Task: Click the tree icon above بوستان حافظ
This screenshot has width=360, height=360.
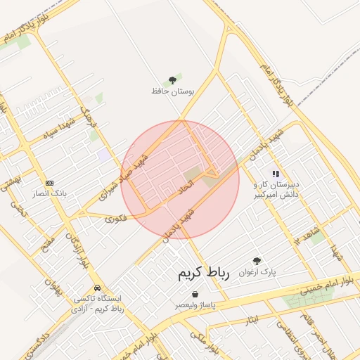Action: pyautogui.click(x=173, y=80)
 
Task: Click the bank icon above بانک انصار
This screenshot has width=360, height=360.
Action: pyautogui.click(x=49, y=182)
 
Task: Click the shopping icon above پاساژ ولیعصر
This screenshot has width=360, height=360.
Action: pyautogui.click(x=194, y=295)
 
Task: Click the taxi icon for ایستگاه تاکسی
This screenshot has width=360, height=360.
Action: pyautogui.click(x=96, y=288)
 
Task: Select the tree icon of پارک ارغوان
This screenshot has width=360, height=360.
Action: pyautogui.click(x=257, y=261)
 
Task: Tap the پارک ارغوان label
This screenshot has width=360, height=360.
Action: pyautogui.click(x=257, y=271)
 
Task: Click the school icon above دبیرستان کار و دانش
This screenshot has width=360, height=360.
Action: pyautogui.click(x=276, y=173)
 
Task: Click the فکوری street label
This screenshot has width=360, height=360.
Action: pyautogui.click(x=117, y=219)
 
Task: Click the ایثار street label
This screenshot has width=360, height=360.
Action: pyautogui.click(x=252, y=321)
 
